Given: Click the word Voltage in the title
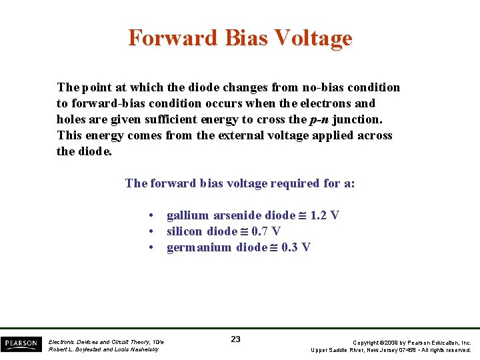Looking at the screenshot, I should pyautogui.click(x=313, y=37).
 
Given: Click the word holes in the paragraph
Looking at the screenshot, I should pyautogui.click(x=71, y=119).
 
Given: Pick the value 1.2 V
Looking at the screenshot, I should pyautogui.click(x=325, y=215).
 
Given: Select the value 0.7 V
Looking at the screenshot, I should pyautogui.click(x=266, y=231).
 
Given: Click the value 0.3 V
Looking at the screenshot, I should pyautogui.click(x=296, y=247).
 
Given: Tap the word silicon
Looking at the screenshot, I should pyautogui.click(x=185, y=231).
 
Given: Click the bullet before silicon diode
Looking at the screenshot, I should pyautogui.click(x=153, y=231).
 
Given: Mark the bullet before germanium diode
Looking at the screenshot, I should pyautogui.click(x=153, y=247).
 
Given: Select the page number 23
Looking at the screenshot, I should pyautogui.click(x=235, y=339).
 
